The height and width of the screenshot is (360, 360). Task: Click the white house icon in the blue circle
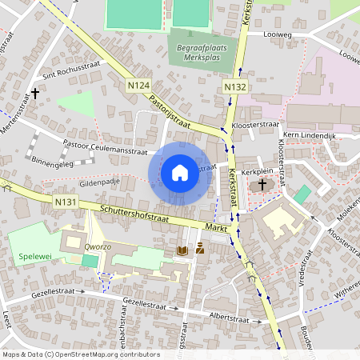click(179, 172)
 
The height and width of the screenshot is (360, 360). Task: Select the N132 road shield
click(234, 86)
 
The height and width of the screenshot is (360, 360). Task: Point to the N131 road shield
click(66, 203)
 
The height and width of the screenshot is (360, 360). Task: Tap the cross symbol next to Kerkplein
click(262, 185)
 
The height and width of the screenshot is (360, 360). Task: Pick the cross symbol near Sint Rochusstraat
click(35, 94)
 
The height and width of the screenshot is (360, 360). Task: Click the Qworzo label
click(82, 248)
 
